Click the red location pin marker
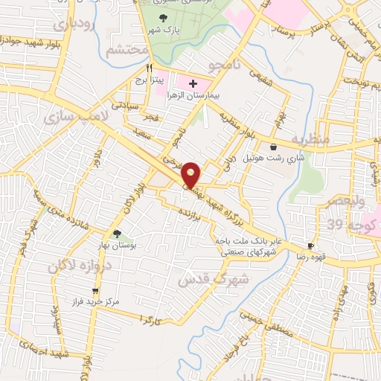point(192,173)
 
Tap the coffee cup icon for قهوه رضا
point(310,246)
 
